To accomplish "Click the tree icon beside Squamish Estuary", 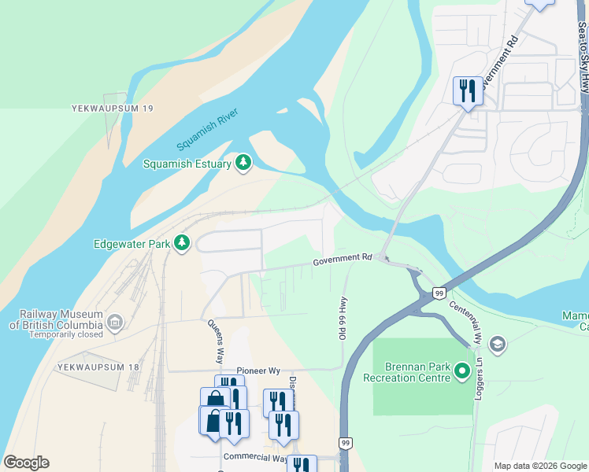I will tap(244, 163).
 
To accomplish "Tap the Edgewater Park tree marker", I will tap(183, 243).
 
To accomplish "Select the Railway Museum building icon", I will tap(115, 322).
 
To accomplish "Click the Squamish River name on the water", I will tap(207, 128).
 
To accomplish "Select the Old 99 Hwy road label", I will tap(343, 320).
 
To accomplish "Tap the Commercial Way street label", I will tap(256, 457).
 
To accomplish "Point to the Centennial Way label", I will tap(465, 323).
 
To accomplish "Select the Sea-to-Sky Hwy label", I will tap(582, 47).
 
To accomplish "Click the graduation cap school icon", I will tap(497, 344).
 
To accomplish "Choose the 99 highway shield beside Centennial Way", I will tap(439, 293).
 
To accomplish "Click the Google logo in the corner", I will tap(26, 463).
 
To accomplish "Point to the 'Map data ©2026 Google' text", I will tap(540, 466).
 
